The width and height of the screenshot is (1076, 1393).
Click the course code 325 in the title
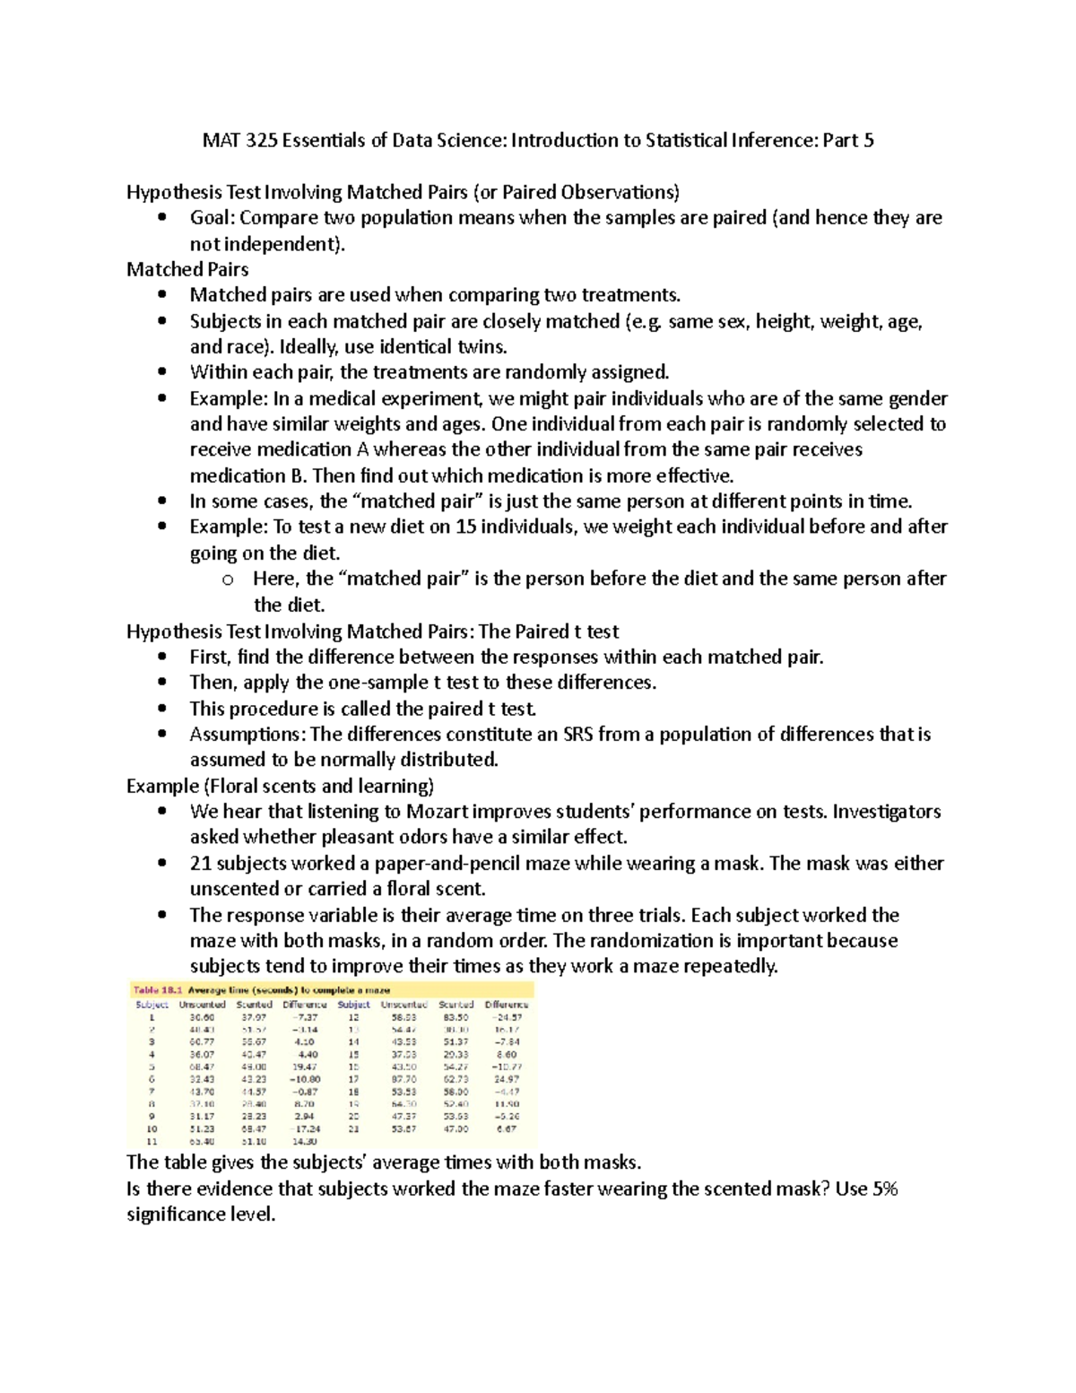point(260,140)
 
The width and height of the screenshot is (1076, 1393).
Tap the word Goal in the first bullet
point(211,218)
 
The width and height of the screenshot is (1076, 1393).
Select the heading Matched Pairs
point(187,269)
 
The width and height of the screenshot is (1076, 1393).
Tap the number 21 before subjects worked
point(200,864)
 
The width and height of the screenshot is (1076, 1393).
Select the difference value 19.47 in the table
point(305,1067)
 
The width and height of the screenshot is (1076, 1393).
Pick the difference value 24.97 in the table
point(507,1080)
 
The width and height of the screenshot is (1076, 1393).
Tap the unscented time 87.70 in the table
point(403,1080)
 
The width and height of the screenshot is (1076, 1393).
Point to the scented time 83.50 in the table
point(456,1018)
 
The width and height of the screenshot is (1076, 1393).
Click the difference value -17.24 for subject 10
point(305,1129)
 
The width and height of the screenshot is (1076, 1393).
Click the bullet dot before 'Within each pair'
point(161,372)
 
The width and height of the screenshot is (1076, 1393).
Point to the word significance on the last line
point(177,1215)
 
